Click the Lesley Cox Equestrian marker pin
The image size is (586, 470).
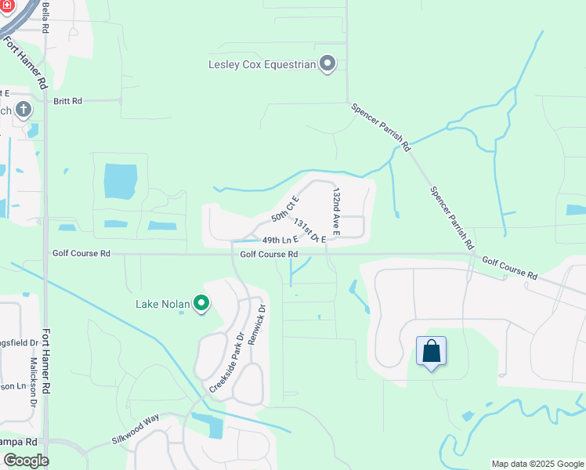click(x=328, y=64)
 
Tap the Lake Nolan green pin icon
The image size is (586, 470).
click(x=201, y=303)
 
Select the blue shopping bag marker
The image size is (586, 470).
click(x=431, y=351)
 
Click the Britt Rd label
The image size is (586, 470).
click(x=68, y=101)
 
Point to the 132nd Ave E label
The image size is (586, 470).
click(x=336, y=211)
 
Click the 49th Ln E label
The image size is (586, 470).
click(x=280, y=240)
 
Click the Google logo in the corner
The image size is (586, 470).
click(x=26, y=460)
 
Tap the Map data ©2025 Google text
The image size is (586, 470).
click(x=537, y=464)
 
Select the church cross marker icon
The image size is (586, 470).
click(x=23, y=110)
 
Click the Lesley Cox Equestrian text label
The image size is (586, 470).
click(x=261, y=64)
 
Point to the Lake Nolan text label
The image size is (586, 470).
click(x=163, y=303)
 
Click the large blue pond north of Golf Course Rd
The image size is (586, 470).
click(x=120, y=182)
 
